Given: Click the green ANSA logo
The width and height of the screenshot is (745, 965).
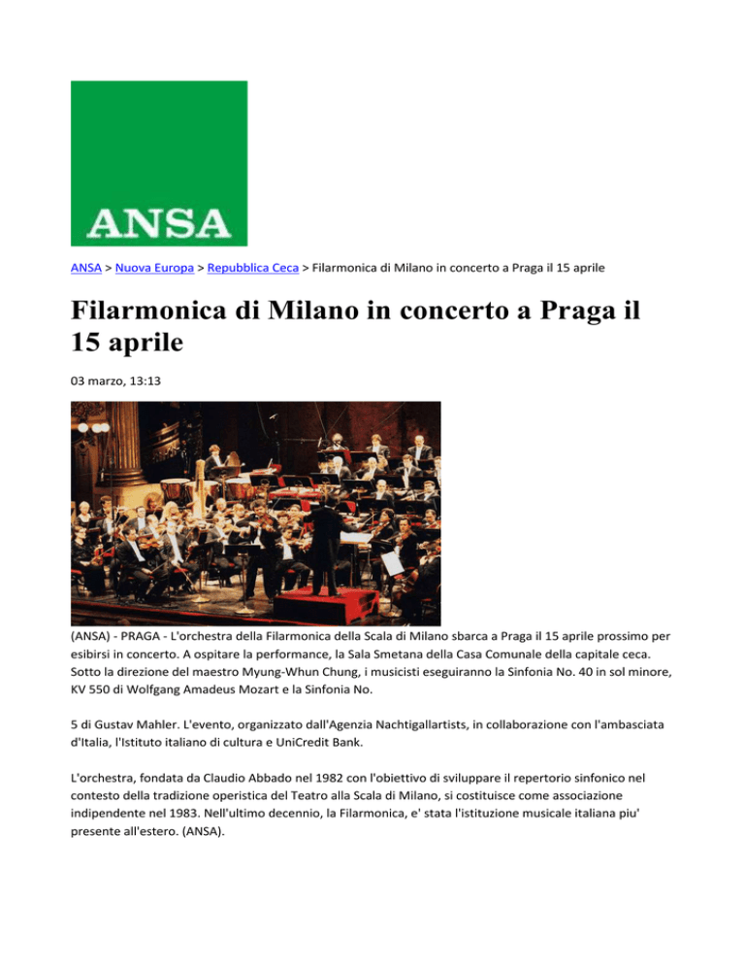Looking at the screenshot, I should pos(159,162).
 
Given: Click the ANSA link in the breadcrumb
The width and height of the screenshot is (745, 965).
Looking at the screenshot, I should pos(86,265).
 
